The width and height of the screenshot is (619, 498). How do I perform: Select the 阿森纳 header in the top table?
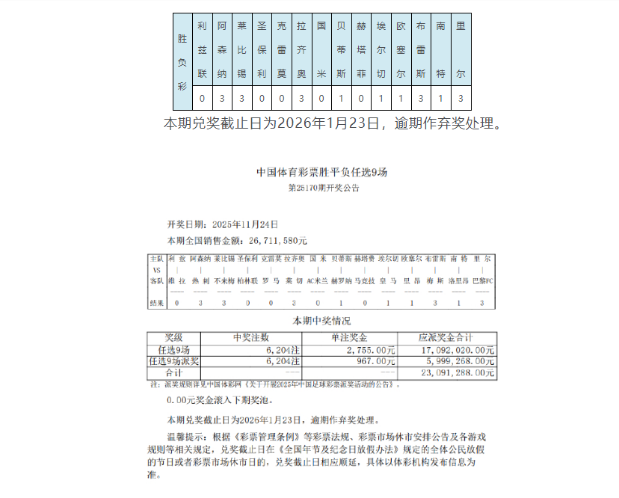coord(221,50)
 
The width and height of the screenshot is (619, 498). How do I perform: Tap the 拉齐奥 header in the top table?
coord(301,50)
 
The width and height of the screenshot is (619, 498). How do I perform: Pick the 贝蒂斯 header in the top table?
coord(342,50)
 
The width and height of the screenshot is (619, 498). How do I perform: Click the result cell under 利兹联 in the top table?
coord(201,98)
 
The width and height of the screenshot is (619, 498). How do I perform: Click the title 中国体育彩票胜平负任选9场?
coord(322,172)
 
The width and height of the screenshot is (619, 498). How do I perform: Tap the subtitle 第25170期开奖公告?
coord(323,188)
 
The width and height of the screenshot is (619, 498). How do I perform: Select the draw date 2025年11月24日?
coord(245,224)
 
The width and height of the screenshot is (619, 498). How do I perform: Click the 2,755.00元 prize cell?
coord(371,349)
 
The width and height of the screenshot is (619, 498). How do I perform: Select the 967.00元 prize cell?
coord(378,360)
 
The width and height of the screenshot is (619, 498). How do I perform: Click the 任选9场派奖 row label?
coord(173,360)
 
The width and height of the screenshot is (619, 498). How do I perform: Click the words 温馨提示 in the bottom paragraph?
coord(187,434)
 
